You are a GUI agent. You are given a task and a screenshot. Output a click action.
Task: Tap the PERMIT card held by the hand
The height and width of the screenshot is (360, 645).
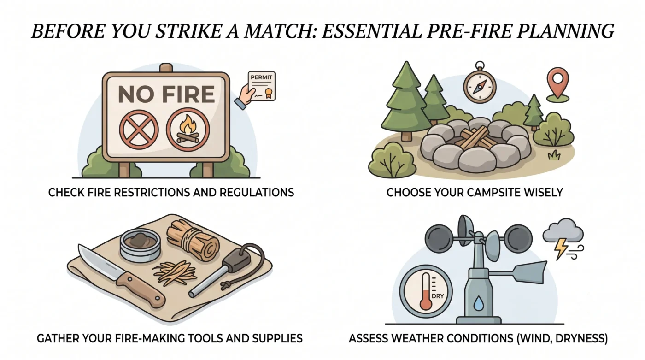(x=262, y=86)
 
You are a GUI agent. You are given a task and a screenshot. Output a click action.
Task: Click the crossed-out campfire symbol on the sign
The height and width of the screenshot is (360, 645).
(x=188, y=130)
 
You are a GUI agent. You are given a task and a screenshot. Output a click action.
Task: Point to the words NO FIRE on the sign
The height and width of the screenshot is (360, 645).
(x=166, y=94)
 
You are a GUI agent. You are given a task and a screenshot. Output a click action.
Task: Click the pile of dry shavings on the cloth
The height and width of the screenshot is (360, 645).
(x=175, y=271)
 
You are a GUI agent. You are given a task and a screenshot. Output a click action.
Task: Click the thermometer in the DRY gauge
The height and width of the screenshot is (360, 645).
(x=426, y=291)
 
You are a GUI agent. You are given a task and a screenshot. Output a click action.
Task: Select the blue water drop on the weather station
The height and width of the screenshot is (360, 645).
(x=479, y=303)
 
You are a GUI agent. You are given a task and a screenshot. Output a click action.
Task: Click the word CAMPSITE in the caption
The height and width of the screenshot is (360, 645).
(x=487, y=192)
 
